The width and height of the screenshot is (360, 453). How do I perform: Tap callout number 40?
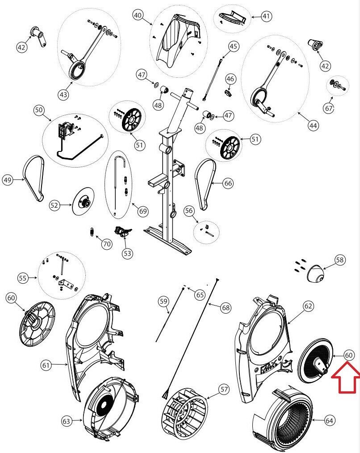click(138, 15)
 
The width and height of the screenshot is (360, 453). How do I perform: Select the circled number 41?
click(266, 17)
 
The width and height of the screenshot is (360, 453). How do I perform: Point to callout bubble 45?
click(234, 46)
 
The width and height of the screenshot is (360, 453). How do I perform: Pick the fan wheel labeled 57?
click(184, 408)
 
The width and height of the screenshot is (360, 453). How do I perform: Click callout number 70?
click(106, 244)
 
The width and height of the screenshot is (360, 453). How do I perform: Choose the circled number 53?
click(128, 253)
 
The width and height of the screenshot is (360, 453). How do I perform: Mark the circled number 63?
click(67, 421)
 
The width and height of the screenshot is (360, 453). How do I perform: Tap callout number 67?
click(329, 108)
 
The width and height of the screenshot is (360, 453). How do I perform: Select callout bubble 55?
click(22, 278)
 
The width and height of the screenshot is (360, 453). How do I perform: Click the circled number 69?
click(143, 210)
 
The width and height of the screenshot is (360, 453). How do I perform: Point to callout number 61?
click(46, 365)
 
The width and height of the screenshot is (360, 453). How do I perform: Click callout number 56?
click(189, 211)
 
